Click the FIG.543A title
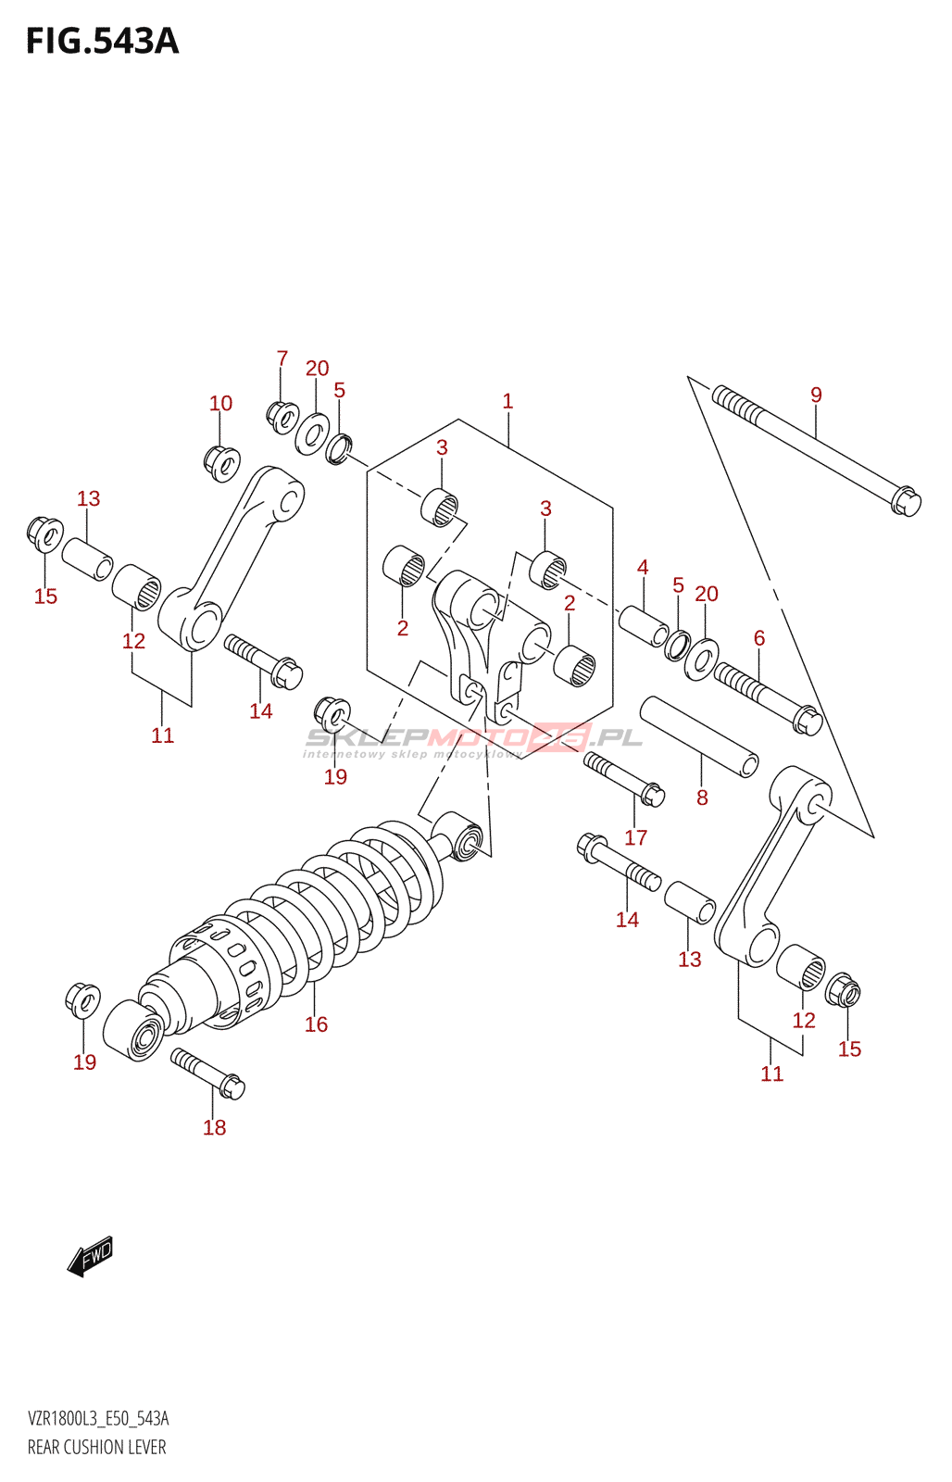102,42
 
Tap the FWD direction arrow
91,1257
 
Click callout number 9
816,395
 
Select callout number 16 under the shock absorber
316,1024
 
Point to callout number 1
507,401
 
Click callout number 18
214,1127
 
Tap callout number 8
702,798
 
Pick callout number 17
635,837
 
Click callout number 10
220,403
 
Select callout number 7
282,358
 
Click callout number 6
759,637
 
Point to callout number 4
643,567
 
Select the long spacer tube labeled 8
699,737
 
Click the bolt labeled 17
624,778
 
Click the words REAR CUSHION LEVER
96,1447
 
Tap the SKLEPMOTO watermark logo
472,738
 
